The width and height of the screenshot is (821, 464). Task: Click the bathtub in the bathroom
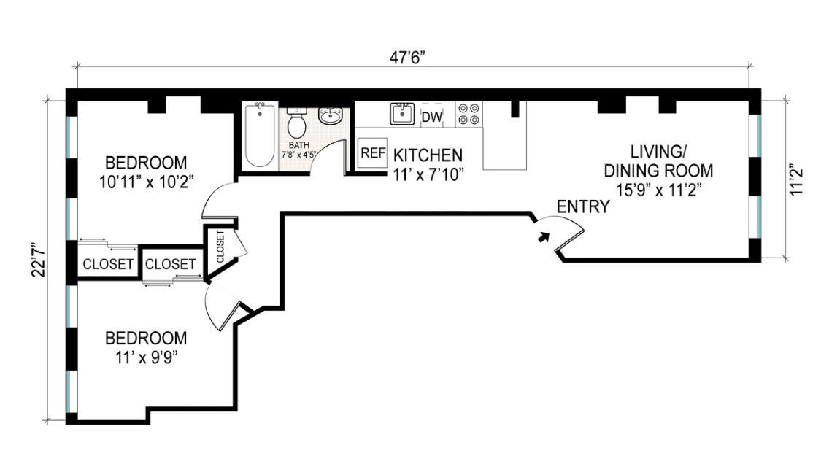pyautogui.click(x=258, y=136)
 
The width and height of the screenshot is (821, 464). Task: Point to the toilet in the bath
pyautogui.click(x=296, y=124)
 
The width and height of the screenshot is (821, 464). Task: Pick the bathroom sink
pyautogui.click(x=331, y=116)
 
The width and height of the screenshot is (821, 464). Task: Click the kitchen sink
pyautogui.click(x=402, y=114)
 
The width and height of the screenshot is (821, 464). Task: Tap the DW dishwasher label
pyautogui.click(x=432, y=117)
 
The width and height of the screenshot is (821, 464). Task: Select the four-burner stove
pyautogui.click(x=469, y=114)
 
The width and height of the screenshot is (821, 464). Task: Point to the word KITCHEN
pyautogui.click(x=428, y=155)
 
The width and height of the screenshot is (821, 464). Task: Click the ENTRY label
pyautogui.click(x=582, y=206)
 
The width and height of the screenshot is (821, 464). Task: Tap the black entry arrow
pyautogui.click(x=541, y=236)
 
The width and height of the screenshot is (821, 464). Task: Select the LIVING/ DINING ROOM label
pyautogui.click(x=658, y=161)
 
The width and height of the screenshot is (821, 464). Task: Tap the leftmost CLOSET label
pyautogui.click(x=107, y=264)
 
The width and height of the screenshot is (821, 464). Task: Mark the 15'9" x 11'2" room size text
pyautogui.click(x=658, y=192)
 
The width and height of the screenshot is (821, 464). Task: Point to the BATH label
pyautogui.click(x=299, y=145)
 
